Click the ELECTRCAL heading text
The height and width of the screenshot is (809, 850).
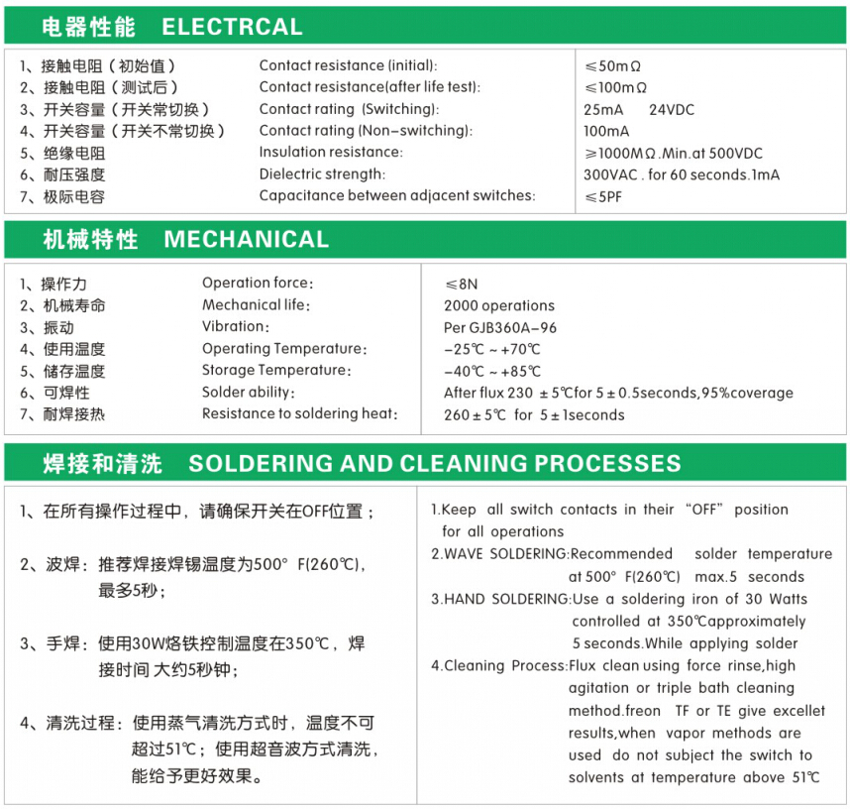[232, 27]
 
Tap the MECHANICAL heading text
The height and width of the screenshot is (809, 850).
[246, 240]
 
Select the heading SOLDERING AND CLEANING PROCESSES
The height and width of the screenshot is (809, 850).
[435, 464]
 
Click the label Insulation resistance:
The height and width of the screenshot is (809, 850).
[331, 153]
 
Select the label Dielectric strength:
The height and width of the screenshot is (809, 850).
[320, 174]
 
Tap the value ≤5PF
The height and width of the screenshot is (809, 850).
[603, 196]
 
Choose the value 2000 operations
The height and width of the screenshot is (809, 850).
[499, 305]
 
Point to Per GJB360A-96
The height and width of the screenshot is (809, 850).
[500, 327]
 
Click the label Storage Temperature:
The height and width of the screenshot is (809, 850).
[276, 371]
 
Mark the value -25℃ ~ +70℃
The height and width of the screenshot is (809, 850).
[492, 349]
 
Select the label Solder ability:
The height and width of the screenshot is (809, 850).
[251, 393]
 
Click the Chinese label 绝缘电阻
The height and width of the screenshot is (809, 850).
[73, 154]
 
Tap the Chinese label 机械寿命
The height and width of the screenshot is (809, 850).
[73, 305]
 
